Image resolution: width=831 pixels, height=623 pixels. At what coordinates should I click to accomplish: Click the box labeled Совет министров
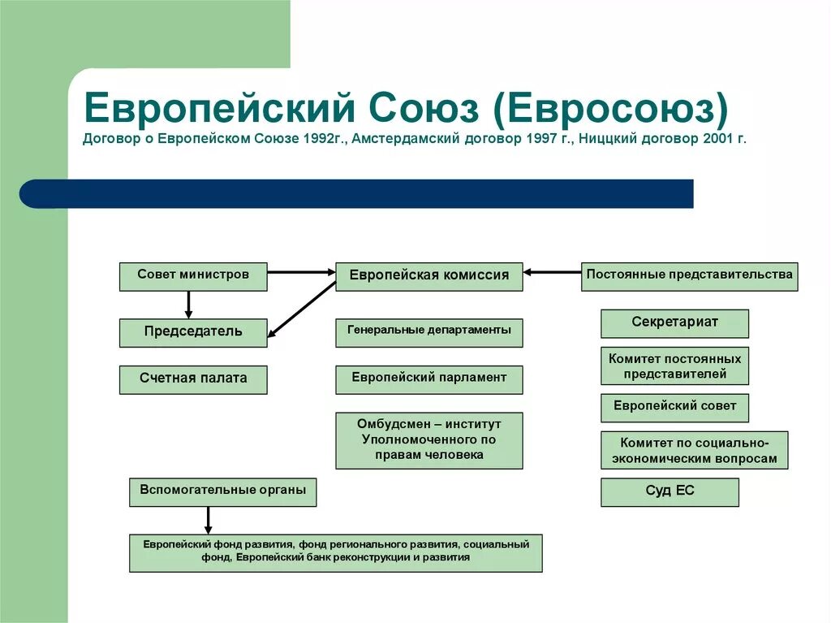[193, 276]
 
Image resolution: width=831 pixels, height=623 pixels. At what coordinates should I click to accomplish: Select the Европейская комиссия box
[429, 276]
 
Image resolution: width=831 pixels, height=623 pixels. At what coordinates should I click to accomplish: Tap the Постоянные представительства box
[689, 276]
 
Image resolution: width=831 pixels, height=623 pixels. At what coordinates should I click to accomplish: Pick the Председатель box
[193, 333]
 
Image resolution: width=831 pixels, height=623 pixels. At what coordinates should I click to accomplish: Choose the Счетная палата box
[193, 379]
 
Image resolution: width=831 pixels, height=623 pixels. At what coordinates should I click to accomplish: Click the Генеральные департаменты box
[429, 332]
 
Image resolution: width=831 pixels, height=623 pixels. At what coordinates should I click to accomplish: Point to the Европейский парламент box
[429, 379]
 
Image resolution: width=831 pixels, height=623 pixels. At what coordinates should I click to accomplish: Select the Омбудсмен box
[429, 440]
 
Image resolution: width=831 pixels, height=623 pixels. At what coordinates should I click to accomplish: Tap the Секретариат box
[674, 323]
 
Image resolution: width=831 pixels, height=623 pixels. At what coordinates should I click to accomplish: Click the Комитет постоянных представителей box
[674, 366]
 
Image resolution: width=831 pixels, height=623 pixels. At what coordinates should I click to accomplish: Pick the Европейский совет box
[674, 408]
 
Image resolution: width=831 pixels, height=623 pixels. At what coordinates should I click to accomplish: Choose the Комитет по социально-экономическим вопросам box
[694, 450]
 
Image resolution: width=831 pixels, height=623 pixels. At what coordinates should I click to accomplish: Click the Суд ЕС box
[670, 492]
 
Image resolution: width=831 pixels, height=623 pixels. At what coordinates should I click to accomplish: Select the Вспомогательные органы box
[222, 492]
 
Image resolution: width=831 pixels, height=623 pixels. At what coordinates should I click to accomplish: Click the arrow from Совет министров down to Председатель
[188, 304]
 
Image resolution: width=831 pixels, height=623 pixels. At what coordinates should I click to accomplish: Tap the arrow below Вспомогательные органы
[209, 520]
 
